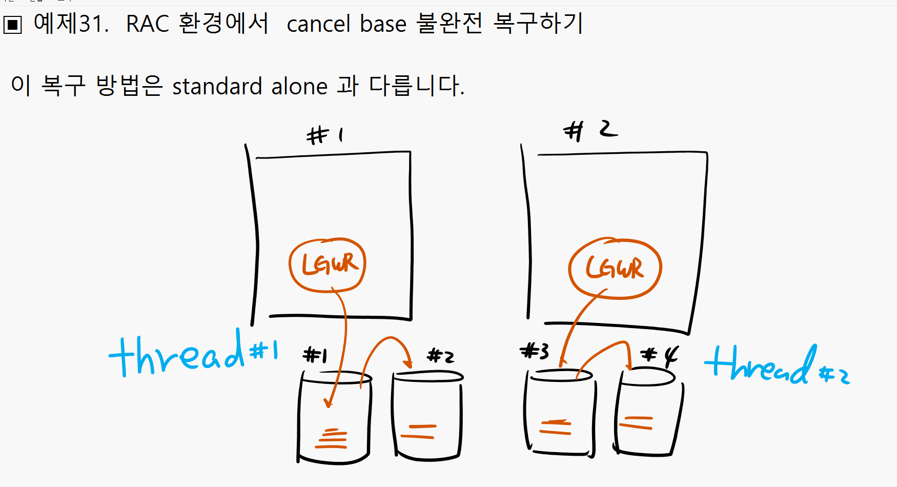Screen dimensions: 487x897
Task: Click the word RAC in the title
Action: click(x=147, y=24)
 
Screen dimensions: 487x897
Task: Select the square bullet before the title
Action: click(x=12, y=25)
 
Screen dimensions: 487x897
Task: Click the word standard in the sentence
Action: click(x=217, y=86)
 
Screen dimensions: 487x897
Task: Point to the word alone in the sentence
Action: click(x=299, y=86)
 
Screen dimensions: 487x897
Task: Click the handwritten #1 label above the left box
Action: click(x=325, y=135)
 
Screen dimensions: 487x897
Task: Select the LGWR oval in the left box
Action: click(x=328, y=265)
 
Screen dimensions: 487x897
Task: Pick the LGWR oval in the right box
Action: click(x=615, y=268)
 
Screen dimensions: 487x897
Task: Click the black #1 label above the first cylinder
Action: click(x=315, y=355)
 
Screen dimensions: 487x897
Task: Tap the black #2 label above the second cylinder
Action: click(x=440, y=355)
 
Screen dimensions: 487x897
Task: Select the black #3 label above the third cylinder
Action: click(x=534, y=352)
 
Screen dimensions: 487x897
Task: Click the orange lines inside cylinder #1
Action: click(x=332, y=438)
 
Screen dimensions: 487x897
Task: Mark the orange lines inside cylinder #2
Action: click(x=418, y=432)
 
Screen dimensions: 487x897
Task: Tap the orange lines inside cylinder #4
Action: click(x=636, y=423)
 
